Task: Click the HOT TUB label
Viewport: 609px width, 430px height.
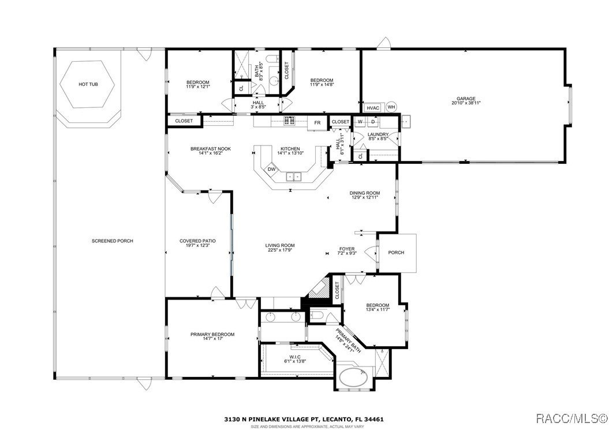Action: tap(88, 84)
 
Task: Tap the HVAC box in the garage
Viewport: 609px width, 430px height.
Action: tap(372, 107)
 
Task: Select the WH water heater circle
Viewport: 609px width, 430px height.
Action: tap(391, 107)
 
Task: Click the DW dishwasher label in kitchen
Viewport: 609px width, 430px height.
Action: tap(271, 169)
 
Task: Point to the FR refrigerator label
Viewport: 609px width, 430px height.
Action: tap(317, 122)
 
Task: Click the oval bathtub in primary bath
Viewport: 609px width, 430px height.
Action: tap(355, 379)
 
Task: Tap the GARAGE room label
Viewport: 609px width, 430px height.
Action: tap(466, 99)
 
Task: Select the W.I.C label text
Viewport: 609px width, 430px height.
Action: tap(289, 357)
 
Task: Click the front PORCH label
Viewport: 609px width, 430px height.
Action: tap(396, 253)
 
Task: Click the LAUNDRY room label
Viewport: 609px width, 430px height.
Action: tap(379, 134)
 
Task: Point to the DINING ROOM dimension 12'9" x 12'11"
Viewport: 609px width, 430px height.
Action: tap(364, 197)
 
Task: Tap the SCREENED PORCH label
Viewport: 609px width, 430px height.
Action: tap(112, 241)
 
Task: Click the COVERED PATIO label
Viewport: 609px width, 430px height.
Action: tap(197, 241)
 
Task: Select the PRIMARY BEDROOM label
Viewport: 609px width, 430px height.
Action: tap(212, 334)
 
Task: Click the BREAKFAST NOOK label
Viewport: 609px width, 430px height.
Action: tap(211, 149)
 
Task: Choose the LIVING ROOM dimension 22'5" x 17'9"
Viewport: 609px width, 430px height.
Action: tap(280, 250)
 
